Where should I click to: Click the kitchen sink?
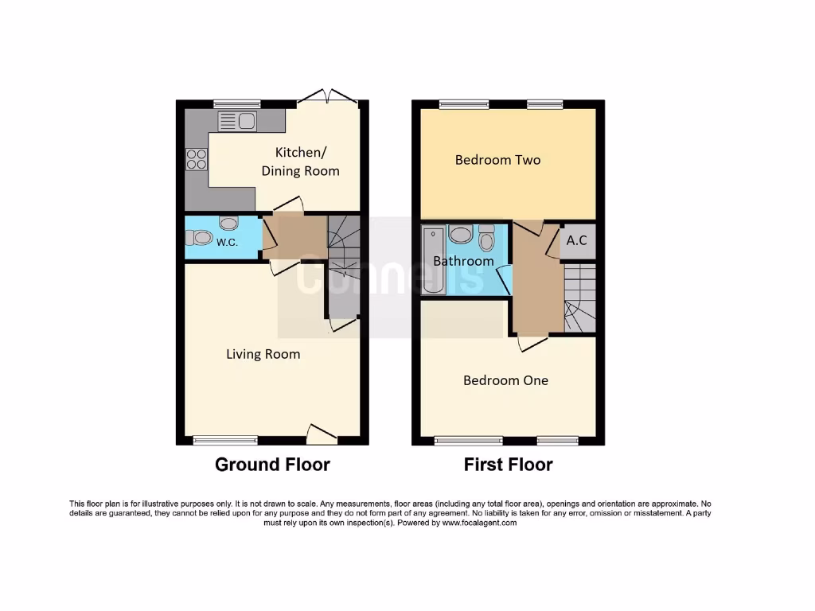(236, 121)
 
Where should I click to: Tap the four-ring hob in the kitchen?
(196, 159)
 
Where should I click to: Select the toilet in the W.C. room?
(199, 237)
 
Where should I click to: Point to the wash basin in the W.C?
(228, 224)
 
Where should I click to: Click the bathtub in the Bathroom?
(434, 260)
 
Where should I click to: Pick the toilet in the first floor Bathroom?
(486, 238)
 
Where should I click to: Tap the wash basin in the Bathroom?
(461, 234)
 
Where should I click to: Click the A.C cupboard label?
(577, 239)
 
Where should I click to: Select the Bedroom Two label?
(497, 160)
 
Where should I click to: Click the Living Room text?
(263, 354)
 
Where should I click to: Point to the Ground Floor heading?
(272, 465)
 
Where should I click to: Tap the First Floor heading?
(508, 465)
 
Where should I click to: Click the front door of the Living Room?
(321, 434)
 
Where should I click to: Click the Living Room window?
(225, 440)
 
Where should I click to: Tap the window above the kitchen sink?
(236, 103)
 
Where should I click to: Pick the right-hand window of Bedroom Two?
(544, 103)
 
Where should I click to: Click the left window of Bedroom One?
(468, 440)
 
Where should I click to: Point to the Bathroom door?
(504, 279)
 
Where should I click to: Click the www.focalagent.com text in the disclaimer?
(479, 523)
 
